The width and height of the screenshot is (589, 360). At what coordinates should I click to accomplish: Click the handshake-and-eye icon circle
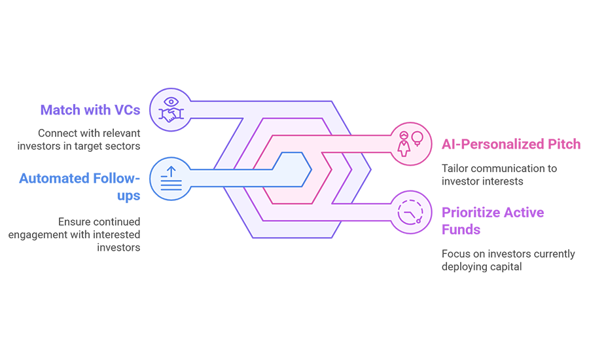171,109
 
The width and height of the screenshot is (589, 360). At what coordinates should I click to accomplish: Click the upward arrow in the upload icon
171,172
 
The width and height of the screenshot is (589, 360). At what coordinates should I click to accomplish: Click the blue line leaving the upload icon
229,170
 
